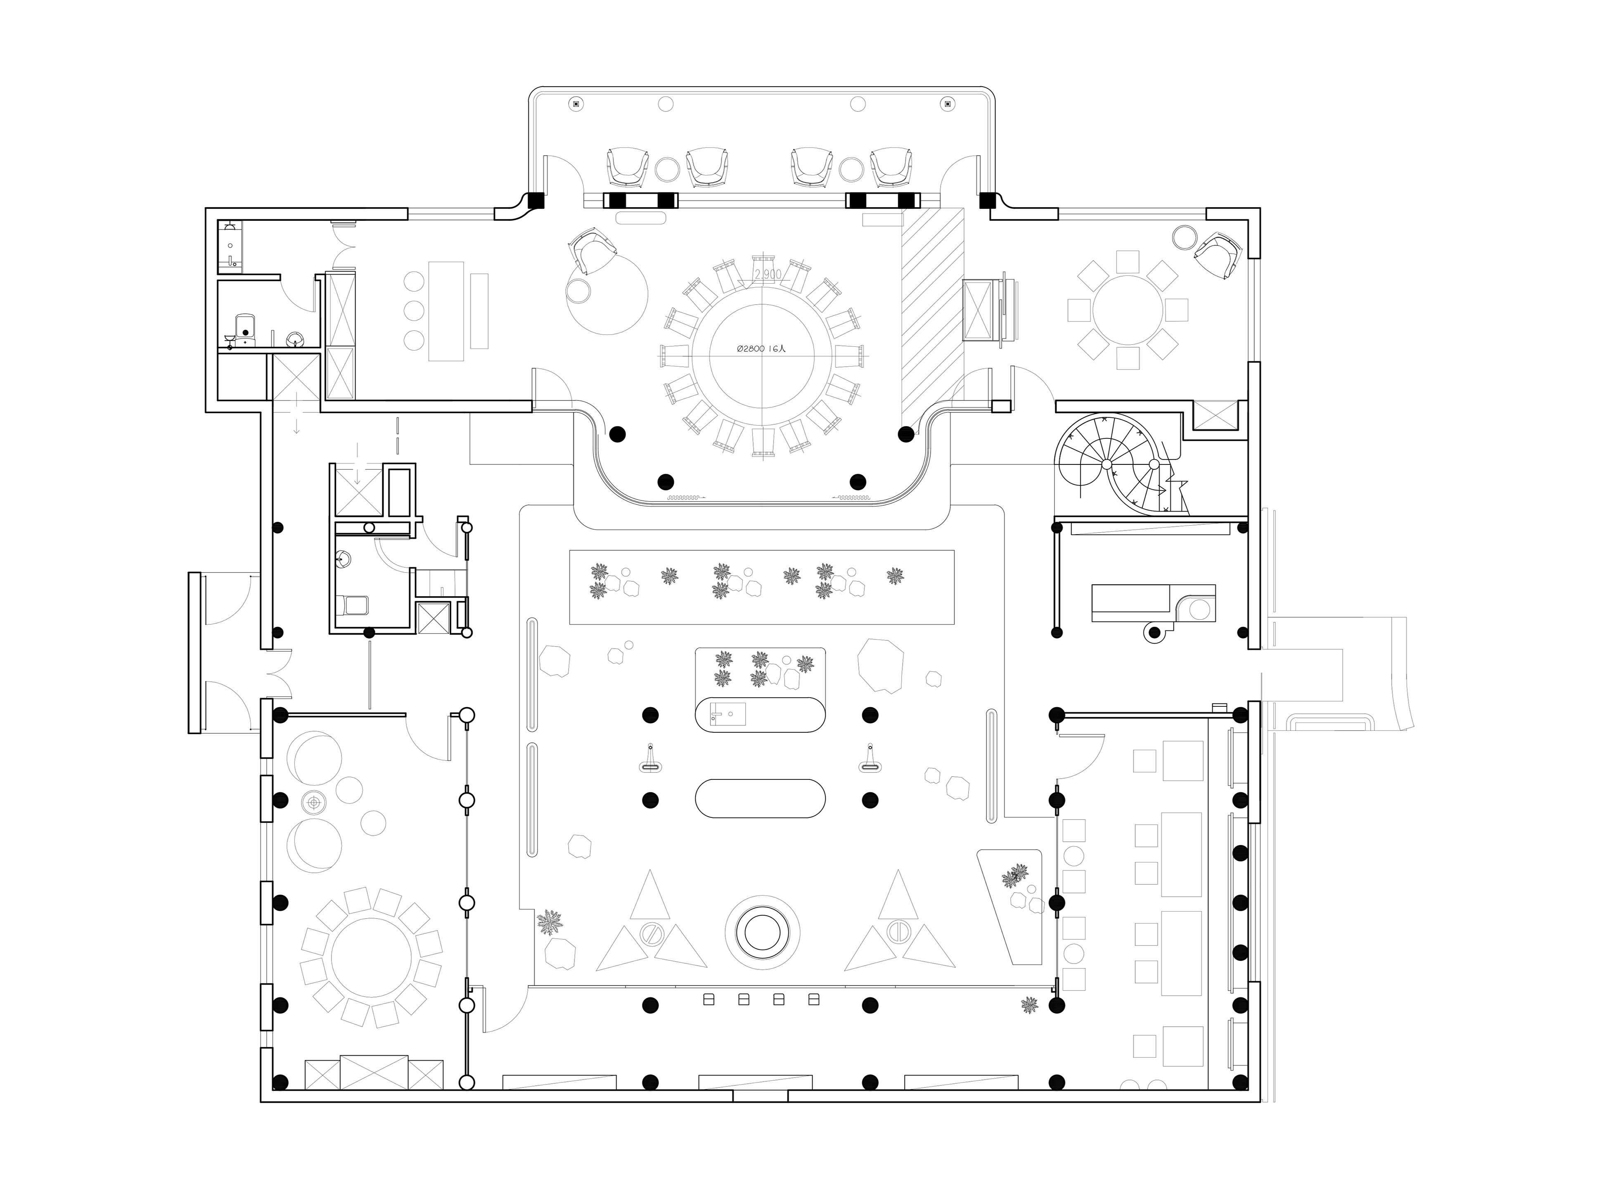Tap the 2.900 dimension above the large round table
click(x=768, y=274)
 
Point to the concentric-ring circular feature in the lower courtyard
click(x=762, y=933)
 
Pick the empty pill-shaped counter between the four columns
click(x=760, y=798)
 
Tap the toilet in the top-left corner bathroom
click(x=245, y=327)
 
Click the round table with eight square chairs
click(x=1127, y=310)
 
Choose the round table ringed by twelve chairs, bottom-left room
click(x=371, y=957)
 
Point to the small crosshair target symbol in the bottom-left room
click(x=314, y=802)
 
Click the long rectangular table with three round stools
click(x=446, y=310)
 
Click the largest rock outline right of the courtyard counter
click(x=880, y=664)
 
